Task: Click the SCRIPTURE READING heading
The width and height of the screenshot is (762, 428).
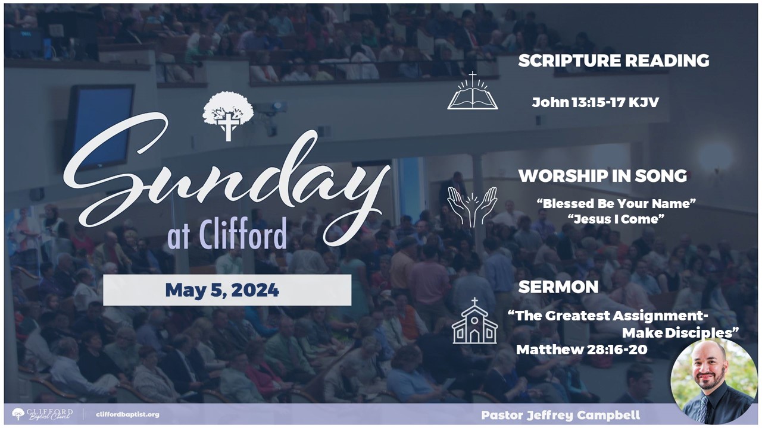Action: pos(614,61)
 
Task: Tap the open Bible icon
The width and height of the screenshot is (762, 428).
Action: pos(473,91)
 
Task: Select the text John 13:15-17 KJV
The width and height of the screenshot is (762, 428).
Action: pos(595,102)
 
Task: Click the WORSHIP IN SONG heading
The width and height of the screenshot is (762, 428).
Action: pos(602,175)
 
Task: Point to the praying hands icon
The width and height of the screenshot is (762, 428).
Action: pos(472,206)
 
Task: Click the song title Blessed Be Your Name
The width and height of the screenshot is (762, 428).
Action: pos(616,203)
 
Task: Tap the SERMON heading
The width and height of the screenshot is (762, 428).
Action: pos(558,287)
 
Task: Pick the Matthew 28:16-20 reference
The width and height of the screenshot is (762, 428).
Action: pos(582,350)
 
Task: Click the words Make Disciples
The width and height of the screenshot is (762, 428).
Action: pos(680,333)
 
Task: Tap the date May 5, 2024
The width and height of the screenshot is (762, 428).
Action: pos(222,290)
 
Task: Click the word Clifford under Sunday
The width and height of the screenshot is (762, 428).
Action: pos(242,234)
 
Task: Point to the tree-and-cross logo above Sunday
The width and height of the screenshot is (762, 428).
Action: pos(228,115)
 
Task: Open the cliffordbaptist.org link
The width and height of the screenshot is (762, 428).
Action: pos(127,414)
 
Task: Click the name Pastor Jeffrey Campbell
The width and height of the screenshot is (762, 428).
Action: pos(561,415)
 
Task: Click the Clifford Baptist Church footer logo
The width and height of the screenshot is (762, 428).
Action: pos(42,414)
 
